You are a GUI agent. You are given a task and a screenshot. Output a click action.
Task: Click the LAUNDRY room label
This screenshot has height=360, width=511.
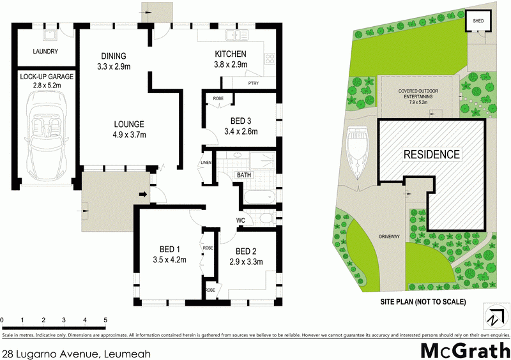point(45,52)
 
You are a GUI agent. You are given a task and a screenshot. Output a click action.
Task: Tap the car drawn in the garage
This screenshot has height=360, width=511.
point(47,135)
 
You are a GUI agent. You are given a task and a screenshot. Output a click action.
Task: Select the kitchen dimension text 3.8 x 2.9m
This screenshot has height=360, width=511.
point(231,64)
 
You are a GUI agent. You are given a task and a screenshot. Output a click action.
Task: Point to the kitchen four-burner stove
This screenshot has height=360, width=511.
point(270,59)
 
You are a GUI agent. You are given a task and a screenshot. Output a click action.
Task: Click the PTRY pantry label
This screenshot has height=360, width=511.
point(253,84)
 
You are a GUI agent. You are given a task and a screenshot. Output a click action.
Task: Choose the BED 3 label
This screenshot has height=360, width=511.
point(241,121)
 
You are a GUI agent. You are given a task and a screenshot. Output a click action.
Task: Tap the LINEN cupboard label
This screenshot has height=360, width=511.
point(206,163)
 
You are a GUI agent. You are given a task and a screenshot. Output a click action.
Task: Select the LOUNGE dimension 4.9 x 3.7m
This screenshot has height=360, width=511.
point(129,134)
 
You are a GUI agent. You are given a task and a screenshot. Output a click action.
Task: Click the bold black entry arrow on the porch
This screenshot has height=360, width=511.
point(143,195)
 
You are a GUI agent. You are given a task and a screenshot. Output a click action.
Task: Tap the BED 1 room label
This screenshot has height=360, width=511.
point(169,250)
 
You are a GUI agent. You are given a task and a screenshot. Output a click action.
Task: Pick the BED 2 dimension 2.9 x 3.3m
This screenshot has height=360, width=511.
point(246,262)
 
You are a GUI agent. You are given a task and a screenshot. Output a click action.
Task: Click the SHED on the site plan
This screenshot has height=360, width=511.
point(478,21)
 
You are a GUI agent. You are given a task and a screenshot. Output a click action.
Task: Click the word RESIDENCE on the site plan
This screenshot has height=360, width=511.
point(432,154)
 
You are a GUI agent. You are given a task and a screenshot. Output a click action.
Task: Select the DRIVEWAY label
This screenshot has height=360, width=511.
point(390,237)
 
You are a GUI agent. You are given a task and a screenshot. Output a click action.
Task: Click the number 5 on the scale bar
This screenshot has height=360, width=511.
point(105,320)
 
